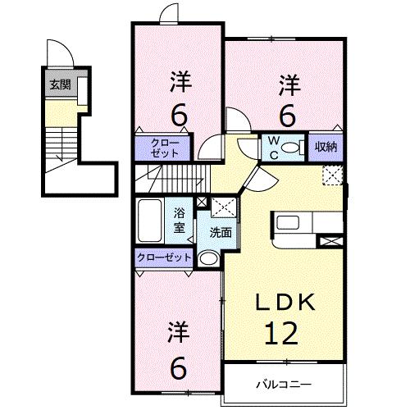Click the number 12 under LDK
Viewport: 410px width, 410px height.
pyautogui.click(x=281, y=333)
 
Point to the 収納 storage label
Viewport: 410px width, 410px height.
pyautogui.click(x=326, y=147)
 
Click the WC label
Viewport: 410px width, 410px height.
pyautogui.click(x=272, y=146)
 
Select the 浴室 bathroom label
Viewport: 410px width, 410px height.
pyautogui.click(x=180, y=219)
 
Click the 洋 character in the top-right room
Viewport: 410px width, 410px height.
pyautogui.click(x=288, y=84)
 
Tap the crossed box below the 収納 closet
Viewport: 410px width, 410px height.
pyautogui.click(x=332, y=174)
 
